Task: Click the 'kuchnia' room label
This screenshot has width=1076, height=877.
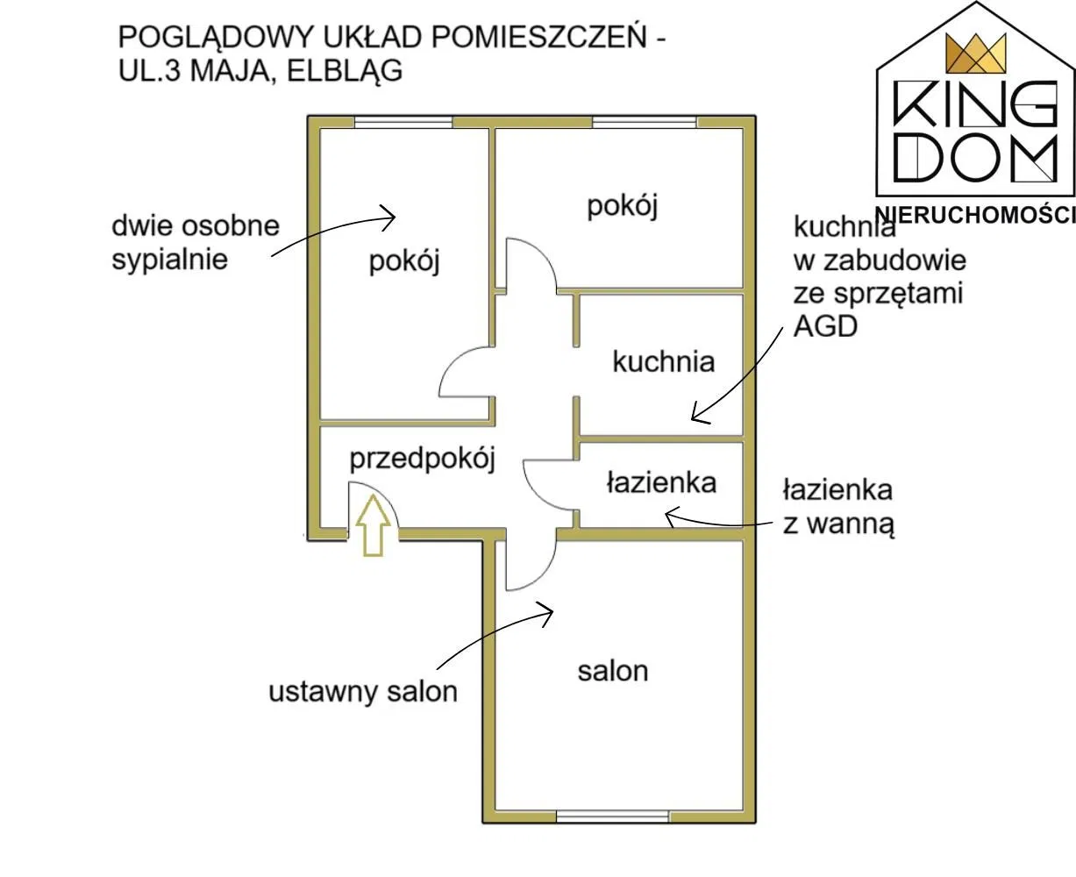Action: point(663,361)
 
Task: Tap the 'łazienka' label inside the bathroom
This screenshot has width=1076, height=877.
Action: point(661,482)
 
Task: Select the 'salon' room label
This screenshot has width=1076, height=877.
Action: point(613,672)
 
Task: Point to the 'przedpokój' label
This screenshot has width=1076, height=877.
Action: point(422,460)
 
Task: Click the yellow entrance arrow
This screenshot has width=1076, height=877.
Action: point(373,525)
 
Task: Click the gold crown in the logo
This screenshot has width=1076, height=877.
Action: point(975,53)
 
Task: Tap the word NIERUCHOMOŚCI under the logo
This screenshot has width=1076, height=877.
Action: point(975,215)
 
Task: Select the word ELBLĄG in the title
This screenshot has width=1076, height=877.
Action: point(345,71)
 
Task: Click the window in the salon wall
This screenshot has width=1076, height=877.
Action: point(612,816)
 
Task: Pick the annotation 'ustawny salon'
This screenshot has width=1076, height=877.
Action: point(363,692)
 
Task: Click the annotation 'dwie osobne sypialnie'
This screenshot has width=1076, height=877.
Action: point(195,242)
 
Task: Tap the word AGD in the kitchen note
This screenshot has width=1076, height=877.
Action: point(825,326)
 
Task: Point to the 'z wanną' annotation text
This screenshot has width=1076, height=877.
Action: point(838,525)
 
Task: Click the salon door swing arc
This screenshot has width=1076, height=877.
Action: point(545,570)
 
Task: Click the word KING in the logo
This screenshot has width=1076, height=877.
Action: point(975,105)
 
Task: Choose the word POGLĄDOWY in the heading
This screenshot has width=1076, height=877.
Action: point(216,38)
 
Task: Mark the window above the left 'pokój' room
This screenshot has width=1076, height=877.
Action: point(403,122)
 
